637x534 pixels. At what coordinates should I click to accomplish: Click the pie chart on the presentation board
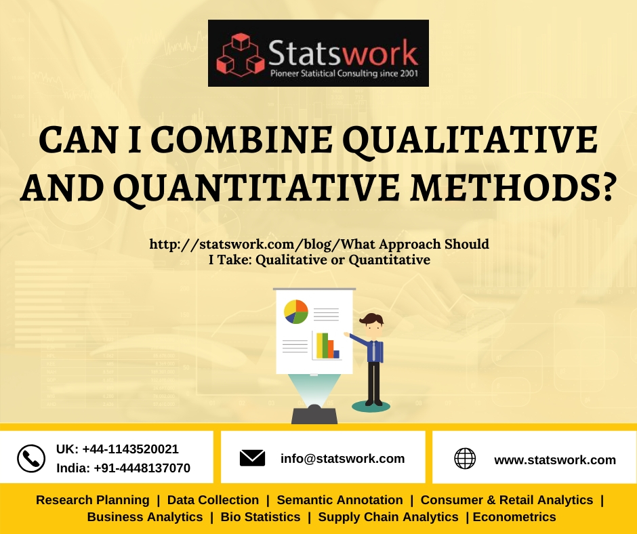[296, 312]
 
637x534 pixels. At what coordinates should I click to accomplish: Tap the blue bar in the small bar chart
[336, 354]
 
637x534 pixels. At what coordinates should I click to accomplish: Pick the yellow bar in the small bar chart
[320, 345]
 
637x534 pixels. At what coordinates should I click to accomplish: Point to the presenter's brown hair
[372, 319]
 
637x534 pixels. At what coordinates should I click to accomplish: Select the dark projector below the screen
[314, 415]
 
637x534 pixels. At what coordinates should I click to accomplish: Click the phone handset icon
[30, 458]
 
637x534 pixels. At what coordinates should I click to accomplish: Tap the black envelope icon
[252, 458]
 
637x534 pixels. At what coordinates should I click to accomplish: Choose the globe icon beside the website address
[465, 459]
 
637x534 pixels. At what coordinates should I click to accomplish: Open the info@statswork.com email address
[342, 459]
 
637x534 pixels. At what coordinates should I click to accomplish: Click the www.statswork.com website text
[555, 460]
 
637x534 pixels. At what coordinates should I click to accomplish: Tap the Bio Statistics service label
[260, 517]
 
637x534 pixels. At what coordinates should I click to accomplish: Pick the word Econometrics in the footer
[514, 517]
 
